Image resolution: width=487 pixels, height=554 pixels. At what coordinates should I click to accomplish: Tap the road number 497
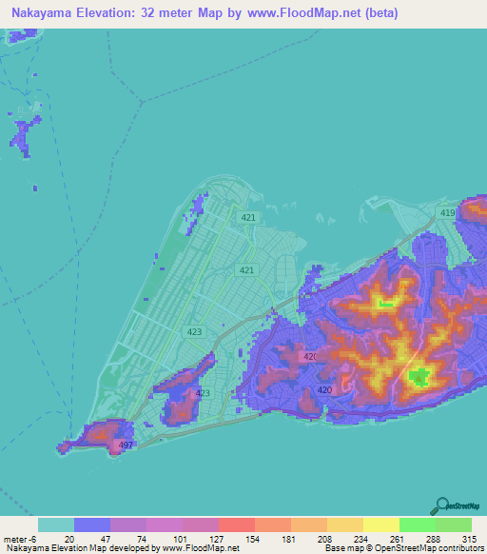point(126,445)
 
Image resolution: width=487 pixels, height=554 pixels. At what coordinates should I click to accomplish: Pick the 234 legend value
point(362,538)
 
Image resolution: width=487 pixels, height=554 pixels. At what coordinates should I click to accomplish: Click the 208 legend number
point(326,538)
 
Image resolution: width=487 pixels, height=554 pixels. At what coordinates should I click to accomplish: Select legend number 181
point(290,538)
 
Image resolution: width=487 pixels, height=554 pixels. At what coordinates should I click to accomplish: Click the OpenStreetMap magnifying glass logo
point(440,505)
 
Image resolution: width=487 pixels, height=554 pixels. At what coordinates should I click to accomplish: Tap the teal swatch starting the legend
point(55,524)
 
